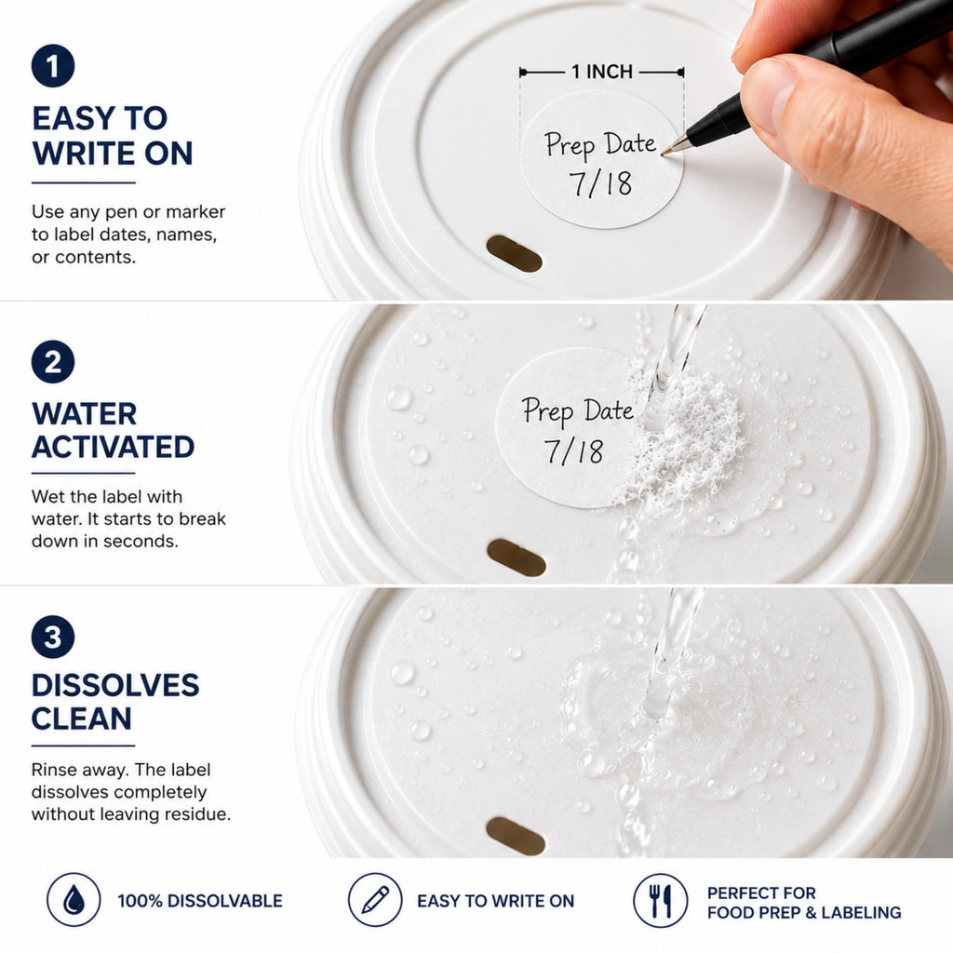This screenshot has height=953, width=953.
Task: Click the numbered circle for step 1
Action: (x=53, y=66)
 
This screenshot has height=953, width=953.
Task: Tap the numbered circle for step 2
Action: (x=53, y=362)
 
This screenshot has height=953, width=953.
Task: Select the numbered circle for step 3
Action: (x=53, y=637)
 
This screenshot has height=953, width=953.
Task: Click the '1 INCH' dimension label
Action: (x=602, y=72)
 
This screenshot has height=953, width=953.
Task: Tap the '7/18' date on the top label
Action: (x=600, y=183)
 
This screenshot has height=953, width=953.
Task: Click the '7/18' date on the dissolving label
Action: (x=573, y=451)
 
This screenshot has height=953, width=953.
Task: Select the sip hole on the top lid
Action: (x=514, y=253)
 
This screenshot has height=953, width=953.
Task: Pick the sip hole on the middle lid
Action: (x=517, y=557)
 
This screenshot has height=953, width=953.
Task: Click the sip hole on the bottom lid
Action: (x=516, y=836)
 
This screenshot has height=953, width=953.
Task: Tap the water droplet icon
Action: (x=74, y=900)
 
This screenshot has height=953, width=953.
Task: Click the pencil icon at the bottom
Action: (x=375, y=900)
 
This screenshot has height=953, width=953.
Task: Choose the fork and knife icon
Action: (x=661, y=900)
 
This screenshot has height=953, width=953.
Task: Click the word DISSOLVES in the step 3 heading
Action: (x=115, y=685)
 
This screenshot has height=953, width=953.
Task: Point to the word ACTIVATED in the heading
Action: (x=113, y=448)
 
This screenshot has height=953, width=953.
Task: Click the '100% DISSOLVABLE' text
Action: (x=200, y=901)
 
